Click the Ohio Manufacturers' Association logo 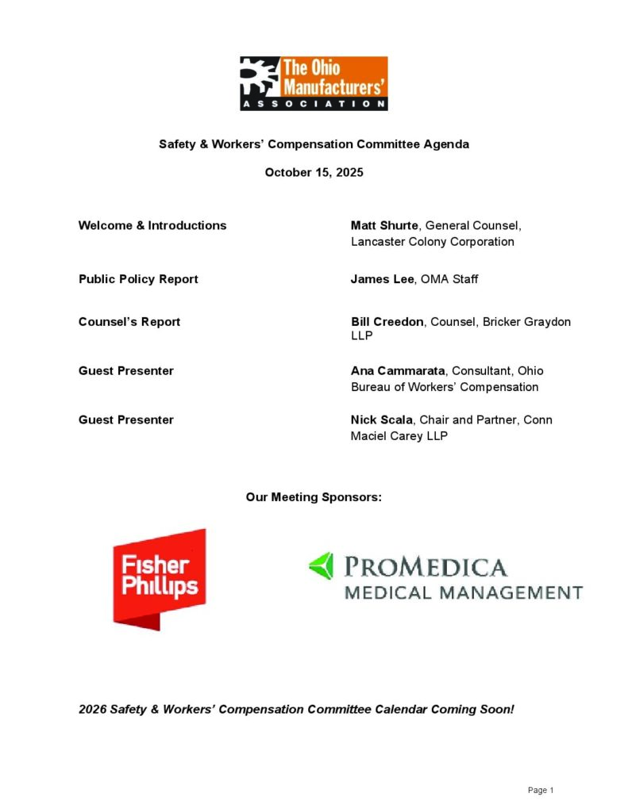314,82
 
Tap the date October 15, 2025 314,172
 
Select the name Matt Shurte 384,225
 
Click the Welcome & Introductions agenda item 152,225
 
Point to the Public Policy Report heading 138,279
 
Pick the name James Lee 382,279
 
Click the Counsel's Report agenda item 129,322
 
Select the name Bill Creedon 387,322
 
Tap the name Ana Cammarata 398,371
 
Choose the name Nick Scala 382,419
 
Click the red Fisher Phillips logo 160,579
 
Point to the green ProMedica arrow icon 321,566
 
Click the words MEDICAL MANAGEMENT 463,592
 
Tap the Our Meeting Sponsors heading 314,497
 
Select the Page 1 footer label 541,790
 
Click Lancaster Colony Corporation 433,242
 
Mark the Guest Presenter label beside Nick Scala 126,419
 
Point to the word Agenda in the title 447,144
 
